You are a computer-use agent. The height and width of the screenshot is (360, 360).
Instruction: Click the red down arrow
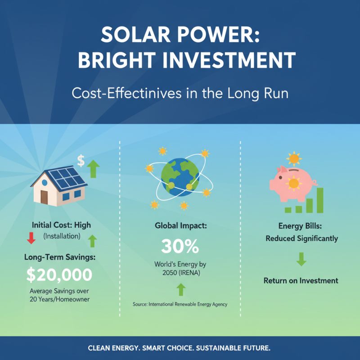(x=31, y=238)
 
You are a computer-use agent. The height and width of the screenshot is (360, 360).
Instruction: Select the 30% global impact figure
(x=180, y=246)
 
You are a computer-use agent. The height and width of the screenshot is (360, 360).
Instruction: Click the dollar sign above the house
(x=81, y=160)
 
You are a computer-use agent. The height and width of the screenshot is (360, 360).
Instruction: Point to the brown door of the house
(x=44, y=197)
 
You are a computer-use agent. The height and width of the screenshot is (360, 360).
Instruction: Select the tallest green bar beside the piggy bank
(x=320, y=200)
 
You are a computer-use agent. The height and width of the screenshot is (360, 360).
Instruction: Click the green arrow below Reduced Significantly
(x=301, y=259)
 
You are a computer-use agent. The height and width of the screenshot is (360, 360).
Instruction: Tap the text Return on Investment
(x=301, y=281)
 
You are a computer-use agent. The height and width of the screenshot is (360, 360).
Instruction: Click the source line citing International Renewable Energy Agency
(x=180, y=305)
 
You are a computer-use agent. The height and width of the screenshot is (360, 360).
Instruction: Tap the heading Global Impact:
(x=180, y=225)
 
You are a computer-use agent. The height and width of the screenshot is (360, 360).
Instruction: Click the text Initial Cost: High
(x=61, y=225)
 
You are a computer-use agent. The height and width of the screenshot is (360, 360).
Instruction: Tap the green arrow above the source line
(x=180, y=289)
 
